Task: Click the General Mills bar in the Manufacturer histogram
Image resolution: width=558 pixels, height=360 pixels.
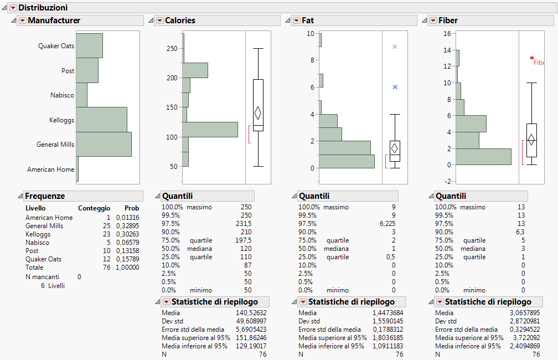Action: [104, 144]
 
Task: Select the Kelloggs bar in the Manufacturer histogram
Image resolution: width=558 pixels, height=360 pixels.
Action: [101, 119]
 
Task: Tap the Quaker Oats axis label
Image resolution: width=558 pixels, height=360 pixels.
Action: [56, 46]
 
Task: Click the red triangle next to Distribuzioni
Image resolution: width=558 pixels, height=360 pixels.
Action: [13, 8]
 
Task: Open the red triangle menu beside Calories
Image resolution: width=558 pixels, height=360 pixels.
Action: [159, 20]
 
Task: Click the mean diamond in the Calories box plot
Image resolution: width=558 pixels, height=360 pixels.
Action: [257, 113]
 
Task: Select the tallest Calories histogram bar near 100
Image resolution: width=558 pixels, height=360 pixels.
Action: [210, 130]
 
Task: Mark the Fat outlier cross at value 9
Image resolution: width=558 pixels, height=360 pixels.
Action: [395, 47]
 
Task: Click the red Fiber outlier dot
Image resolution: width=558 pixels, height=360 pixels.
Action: [532, 58]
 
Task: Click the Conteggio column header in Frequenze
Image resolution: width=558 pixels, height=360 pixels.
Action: [94, 208]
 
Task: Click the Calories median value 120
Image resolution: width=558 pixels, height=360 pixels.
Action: [245, 249]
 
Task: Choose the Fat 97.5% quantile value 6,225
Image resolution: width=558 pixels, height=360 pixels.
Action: [386, 224]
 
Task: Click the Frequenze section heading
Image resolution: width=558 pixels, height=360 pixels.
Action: [45, 196]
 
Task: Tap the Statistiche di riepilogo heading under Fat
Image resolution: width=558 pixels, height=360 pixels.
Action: [351, 302]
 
